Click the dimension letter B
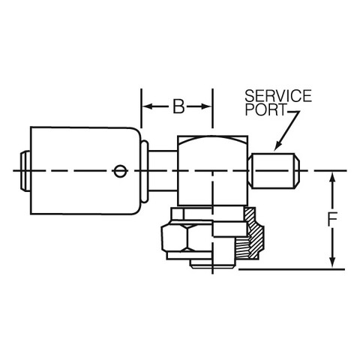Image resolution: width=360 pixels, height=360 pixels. tap(178, 106)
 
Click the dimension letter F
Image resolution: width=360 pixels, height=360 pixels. tap(332, 219)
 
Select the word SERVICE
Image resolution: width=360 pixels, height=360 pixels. tap(278, 96)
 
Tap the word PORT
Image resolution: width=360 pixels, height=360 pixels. tap(265, 109)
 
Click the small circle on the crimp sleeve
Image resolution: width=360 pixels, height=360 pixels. tap(120, 171)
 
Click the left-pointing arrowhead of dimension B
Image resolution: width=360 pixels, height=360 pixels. tap(148, 106)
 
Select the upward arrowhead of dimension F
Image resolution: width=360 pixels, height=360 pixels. tap(332, 178)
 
